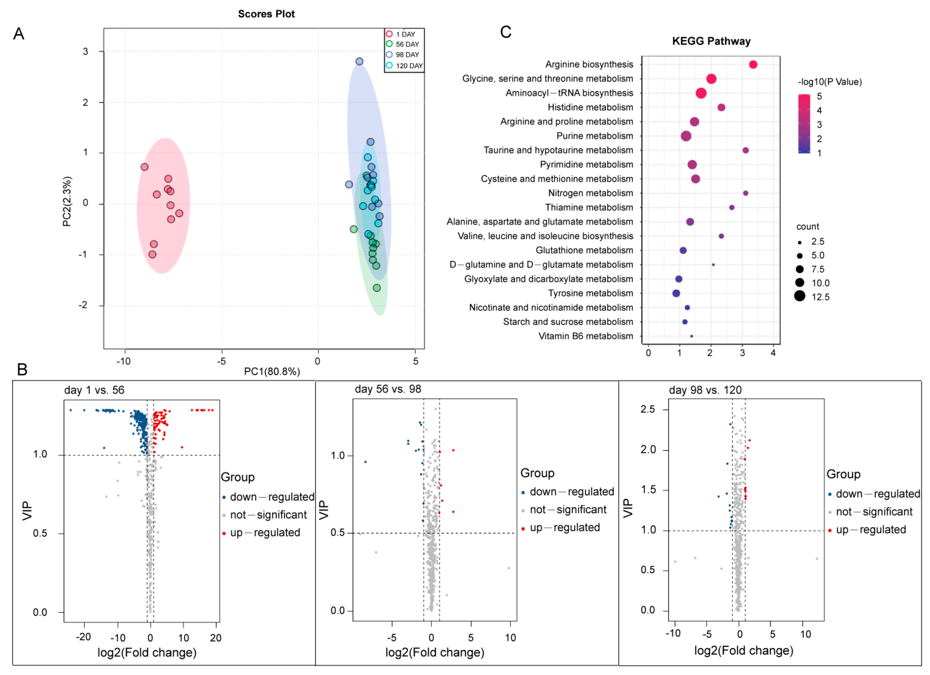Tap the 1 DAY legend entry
click(x=405, y=34)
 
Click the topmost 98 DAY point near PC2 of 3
click(x=359, y=61)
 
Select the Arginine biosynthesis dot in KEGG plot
click(x=753, y=64)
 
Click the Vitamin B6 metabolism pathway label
click(x=585, y=336)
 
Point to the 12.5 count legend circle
click(x=800, y=296)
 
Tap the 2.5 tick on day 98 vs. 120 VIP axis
click(x=648, y=409)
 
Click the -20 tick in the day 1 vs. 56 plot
click(x=84, y=637)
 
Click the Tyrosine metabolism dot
click(x=676, y=293)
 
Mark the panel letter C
click(x=506, y=32)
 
